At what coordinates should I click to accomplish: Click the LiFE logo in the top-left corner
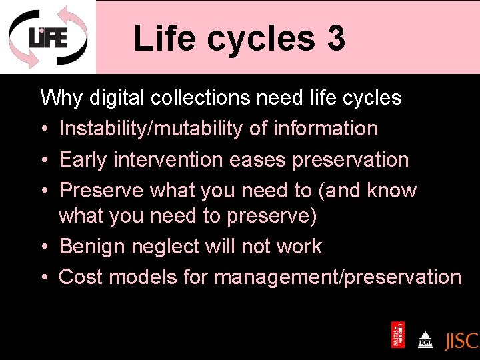47,37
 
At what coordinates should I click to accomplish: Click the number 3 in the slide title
336,38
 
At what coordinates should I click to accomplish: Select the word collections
203,99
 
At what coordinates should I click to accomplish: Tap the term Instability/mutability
151,129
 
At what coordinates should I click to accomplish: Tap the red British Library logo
398,335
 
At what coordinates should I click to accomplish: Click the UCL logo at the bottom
425,338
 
